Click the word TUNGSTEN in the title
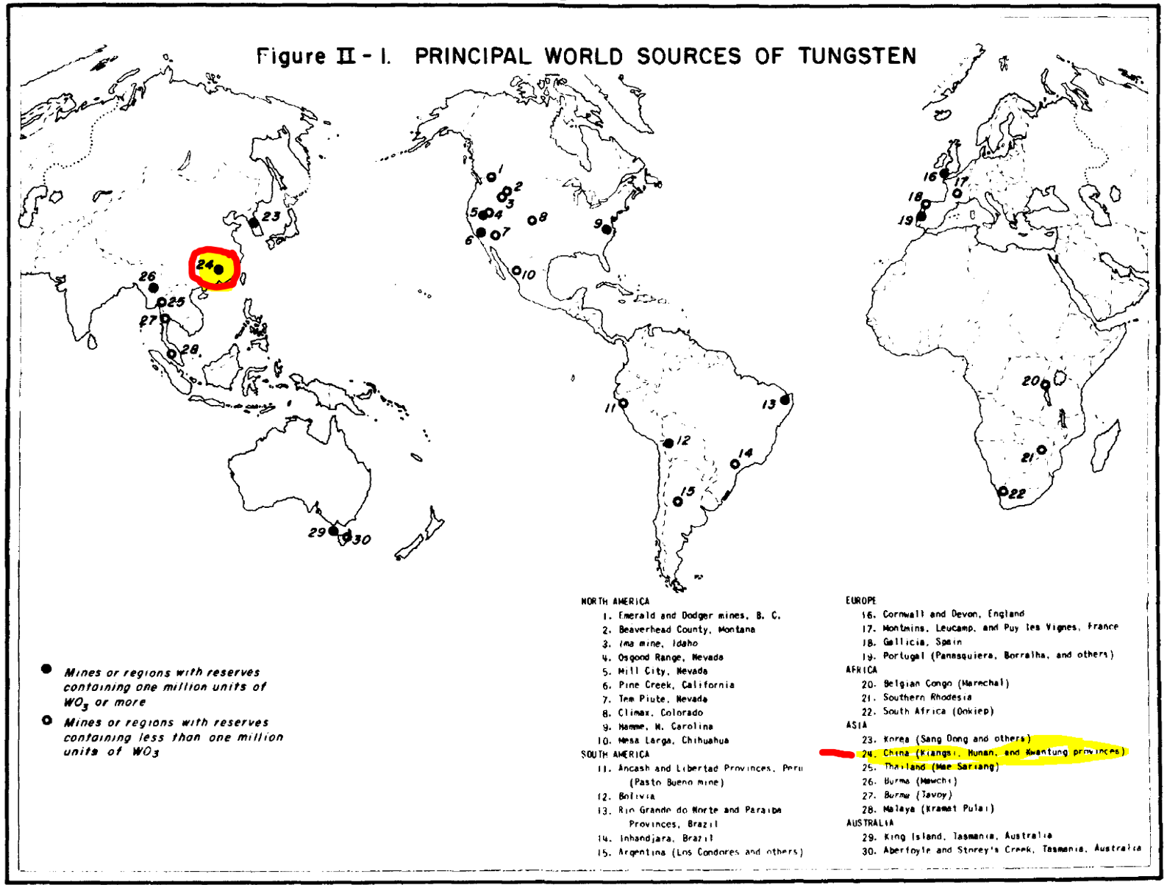[x=857, y=57]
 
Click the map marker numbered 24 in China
[x=218, y=270]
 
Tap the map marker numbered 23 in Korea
[x=254, y=222]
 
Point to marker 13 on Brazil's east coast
[x=785, y=399]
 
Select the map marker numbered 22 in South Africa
[x=1002, y=491]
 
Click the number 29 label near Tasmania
[x=316, y=532]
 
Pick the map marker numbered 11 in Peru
[x=623, y=404]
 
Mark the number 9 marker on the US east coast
[x=607, y=229]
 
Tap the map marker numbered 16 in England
[x=945, y=173]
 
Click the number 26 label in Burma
[x=148, y=276]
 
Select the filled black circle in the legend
[x=46, y=669]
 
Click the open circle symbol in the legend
[x=46, y=720]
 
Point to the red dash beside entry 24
[x=836, y=753]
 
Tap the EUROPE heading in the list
[x=860, y=601]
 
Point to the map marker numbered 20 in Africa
[x=1045, y=384]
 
